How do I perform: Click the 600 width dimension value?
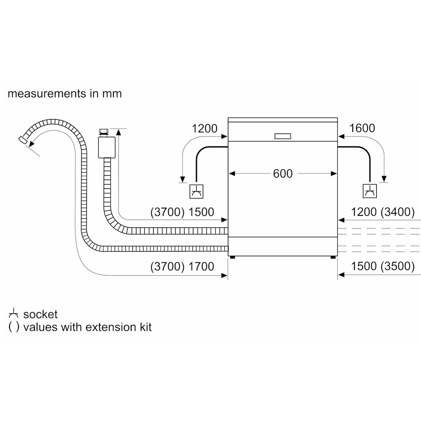[283, 174]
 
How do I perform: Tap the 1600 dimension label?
[362, 128]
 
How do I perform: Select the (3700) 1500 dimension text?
[182, 212]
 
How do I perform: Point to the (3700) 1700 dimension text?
[182, 266]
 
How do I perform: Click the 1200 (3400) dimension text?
[383, 212]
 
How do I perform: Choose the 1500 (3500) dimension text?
[383, 266]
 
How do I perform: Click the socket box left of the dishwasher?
[196, 192]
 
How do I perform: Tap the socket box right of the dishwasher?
[370, 191]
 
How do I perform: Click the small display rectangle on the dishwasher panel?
[283, 136]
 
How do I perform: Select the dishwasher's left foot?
[233, 257]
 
